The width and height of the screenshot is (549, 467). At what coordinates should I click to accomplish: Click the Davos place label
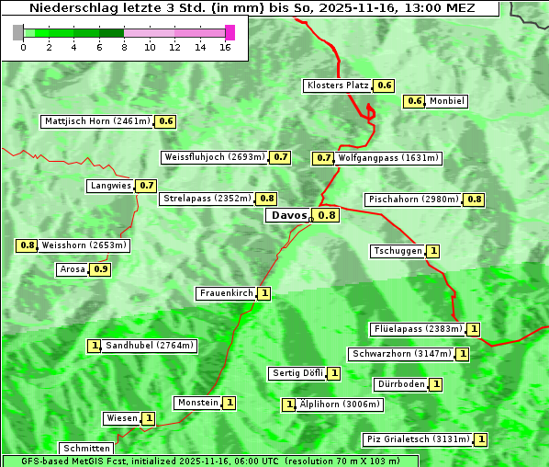click(287, 215)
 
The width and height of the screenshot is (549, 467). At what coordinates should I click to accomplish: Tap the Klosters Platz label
click(336, 85)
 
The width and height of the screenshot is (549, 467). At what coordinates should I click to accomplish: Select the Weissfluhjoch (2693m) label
click(215, 157)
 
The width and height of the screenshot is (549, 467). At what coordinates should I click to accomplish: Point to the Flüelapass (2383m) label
click(417, 328)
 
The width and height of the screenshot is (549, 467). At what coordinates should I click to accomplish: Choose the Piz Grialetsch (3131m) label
click(418, 439)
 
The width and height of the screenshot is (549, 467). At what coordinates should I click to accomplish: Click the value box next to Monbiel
click(415, 101)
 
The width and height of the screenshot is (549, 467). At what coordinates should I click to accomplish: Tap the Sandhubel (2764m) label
click(149, 346)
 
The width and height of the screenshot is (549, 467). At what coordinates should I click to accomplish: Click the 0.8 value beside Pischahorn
click(475, 199)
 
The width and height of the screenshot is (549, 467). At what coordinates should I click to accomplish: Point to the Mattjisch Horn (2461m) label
click(96, 120)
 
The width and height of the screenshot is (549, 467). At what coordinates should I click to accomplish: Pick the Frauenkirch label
click(226, 293)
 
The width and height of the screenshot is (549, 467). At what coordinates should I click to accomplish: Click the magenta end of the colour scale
click(230, 32)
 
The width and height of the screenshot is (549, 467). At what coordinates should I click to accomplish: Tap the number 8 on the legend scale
click(124, 46)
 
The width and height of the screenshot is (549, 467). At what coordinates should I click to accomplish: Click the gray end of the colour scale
click(18, 32)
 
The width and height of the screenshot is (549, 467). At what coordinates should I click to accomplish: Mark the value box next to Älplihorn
click(288, 404)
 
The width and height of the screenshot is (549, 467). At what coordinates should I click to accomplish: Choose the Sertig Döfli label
click(297, 373)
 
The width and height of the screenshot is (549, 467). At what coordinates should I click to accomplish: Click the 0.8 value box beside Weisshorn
click(27, 245)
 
